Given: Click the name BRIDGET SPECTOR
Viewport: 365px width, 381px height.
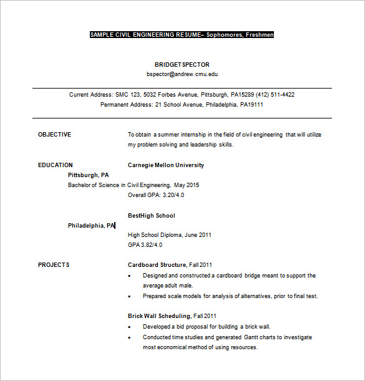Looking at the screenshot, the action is click(182, 64).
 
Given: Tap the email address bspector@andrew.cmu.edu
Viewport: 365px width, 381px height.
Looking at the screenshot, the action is click(182, 74).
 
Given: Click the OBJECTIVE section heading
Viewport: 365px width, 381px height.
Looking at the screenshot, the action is click(54, 134).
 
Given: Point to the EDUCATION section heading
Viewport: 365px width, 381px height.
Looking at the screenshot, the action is click(55, 165).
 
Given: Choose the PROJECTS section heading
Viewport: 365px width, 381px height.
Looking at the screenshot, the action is click(54, 265).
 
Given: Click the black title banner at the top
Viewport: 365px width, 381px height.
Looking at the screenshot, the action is click(182, 35).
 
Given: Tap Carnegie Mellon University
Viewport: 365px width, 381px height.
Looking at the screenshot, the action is click(165, 165).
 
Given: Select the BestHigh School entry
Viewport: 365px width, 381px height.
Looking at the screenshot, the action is click(151, 215).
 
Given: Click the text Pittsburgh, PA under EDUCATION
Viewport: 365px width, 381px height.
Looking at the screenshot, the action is click(88, 175).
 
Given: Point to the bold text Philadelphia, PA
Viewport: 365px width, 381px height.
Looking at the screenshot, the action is click(91, 225).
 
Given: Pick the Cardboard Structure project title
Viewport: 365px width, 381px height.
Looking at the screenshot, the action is click(157, 265).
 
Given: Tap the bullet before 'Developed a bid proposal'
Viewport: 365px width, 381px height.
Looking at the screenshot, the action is click(129, 327).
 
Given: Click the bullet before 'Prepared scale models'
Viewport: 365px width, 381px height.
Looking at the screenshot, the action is click(129, 297).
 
